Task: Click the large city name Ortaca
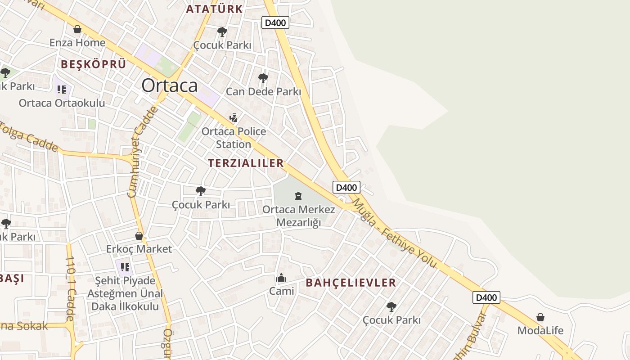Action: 170,85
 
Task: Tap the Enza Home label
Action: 77,43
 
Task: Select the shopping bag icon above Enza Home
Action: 77,29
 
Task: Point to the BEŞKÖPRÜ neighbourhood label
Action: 94,64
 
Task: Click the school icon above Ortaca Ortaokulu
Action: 62,89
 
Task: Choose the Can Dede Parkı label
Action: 263,91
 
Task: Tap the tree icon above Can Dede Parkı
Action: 263,78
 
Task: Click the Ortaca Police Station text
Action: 234,138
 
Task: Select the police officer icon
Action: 233,118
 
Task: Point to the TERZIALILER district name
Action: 246,163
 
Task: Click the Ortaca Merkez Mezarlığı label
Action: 298,216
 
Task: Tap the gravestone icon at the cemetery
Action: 298,196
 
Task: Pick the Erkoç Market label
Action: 139,249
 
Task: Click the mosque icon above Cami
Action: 281,278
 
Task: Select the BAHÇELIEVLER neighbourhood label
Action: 351,283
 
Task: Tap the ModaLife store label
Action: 540,330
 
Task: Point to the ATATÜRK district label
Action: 214,9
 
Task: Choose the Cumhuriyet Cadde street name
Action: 141,152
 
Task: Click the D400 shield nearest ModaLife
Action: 486,297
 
